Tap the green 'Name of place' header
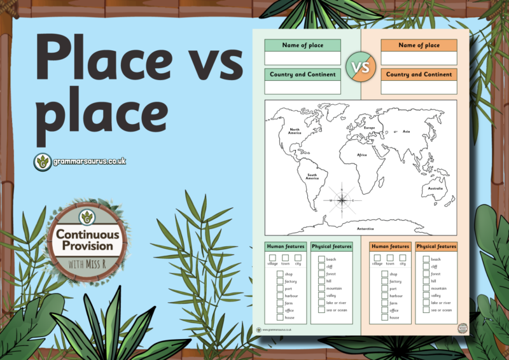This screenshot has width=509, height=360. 302,45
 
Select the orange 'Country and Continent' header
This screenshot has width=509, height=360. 419,74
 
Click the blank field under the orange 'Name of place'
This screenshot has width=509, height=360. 419,58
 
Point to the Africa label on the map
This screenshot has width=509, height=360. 362,155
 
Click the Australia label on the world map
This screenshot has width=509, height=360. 435,188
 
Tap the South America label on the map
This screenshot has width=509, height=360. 312,177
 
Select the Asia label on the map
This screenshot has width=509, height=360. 407,132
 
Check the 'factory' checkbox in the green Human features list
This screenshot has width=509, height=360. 280,281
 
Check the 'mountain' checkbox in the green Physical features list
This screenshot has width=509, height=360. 321,288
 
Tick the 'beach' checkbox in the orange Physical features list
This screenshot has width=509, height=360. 426,260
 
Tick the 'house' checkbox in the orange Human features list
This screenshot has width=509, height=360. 385,317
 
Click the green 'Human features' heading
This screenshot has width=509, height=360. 286,247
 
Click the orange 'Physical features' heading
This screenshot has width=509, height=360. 436,247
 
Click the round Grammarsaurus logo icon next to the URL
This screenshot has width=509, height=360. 43,162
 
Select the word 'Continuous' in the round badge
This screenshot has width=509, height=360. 84,235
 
